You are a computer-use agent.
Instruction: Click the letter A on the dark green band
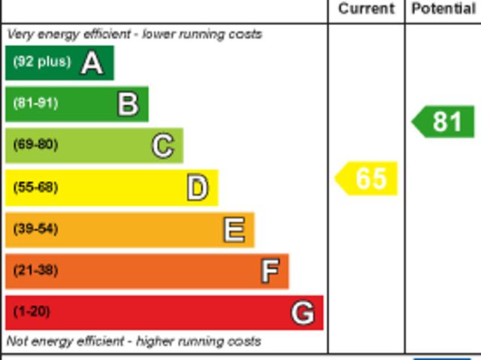(x=92, y=62)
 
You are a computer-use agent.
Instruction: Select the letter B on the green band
(x=128, y=104)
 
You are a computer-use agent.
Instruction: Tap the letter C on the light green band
(x=162, y=145)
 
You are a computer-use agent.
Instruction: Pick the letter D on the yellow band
(x=197, y=187)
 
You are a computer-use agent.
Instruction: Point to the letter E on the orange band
(x=234, y=229)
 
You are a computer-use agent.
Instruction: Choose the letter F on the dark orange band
(x=270, y=271)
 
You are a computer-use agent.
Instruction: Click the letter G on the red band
(x=303, y=312)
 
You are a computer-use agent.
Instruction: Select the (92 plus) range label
(x=41, y=62)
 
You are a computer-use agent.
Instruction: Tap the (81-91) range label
(x=35, y=104)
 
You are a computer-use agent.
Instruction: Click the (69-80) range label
(x=35, y=145)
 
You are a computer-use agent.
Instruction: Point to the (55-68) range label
(x=35, y=187)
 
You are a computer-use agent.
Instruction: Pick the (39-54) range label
(x=35, y=229)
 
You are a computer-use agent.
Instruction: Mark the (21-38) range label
(x=35, y=271)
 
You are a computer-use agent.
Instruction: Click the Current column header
(x=366, y=9)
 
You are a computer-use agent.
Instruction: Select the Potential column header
(x=443, y=9)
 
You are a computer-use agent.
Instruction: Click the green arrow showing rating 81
(x=444, y=122)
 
